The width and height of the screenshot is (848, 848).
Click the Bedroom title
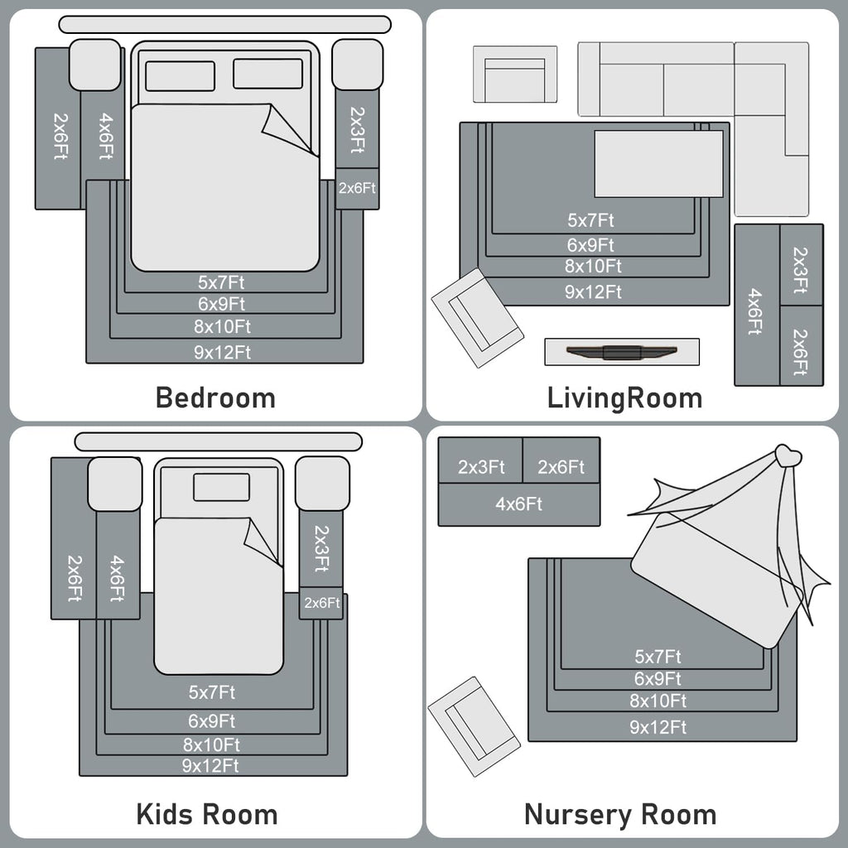pos(215,397)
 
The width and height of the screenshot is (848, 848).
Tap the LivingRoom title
pos(624,397)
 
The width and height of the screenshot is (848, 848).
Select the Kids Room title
pos(206,814)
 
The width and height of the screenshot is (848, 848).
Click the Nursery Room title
pos(620,814)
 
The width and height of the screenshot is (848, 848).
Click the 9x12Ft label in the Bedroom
pos(222,352)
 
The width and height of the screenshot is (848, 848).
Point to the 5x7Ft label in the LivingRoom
pos(590,220)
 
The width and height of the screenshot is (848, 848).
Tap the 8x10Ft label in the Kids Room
pos(211,744)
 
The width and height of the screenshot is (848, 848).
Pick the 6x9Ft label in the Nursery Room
pos(658,679)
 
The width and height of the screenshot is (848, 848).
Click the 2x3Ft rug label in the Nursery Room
pos(481,467)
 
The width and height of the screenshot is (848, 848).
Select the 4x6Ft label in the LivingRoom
pos(754,311)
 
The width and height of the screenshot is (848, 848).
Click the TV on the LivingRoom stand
pos(622,352)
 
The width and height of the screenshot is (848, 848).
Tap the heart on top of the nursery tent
pos(788,455)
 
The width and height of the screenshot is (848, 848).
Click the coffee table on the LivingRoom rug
pos(658,163)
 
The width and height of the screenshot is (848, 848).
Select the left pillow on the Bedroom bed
pos(180,75)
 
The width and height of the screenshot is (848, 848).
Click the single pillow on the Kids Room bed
pos(221,487)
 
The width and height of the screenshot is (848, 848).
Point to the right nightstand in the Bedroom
pos(357,65)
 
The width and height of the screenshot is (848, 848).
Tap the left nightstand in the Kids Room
pos(114,484)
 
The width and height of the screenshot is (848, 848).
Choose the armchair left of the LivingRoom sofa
pos(514,75)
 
